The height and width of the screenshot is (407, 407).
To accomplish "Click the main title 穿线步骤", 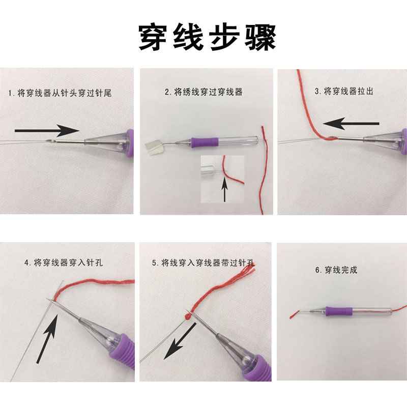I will click(x=207, y=36).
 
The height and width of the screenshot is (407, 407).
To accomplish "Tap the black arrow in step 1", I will click(x=46, y=131).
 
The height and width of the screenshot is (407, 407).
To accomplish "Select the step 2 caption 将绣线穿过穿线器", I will click(x=203, y=92).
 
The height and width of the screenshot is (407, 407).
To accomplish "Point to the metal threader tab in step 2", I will click(x=156, y=148).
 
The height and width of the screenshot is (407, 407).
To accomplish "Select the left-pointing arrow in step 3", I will click(x=351, y=123).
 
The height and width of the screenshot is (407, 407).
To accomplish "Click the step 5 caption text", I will click(x=203, y=263).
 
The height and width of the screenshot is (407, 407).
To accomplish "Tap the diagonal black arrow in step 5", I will click(x=181, y=341).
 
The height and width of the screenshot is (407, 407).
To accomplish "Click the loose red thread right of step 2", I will click(x=264, y=168).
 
